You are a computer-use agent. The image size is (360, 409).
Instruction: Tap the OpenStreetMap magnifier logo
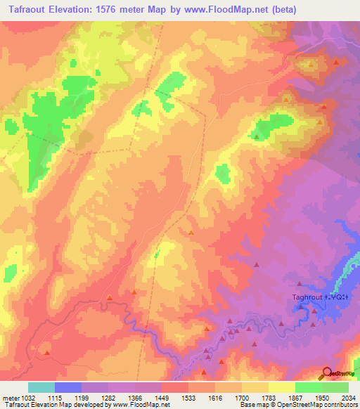tap(328, 374)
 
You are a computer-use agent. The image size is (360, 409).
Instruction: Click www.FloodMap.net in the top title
tap(235, 10)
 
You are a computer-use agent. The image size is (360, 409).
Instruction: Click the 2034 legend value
tap(348, 397)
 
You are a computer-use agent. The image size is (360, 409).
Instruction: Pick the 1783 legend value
tap(255, 397)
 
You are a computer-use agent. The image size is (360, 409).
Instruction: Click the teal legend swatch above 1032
tap(41, 387)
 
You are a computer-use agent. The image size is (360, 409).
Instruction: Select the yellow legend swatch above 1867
tap(281, 387)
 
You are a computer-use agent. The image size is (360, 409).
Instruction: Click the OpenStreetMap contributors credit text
tap(318, 405)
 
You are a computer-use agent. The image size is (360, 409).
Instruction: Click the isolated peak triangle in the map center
tap(191, 232)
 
